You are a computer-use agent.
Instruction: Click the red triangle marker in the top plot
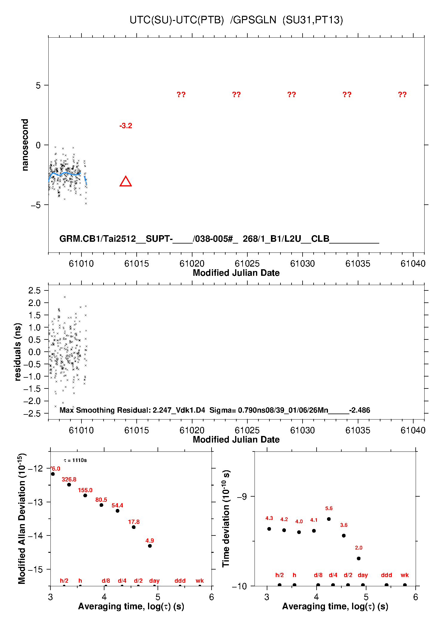coord(126,182)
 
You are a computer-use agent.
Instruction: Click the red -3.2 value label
coord(126,126)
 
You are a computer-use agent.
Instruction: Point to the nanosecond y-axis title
coord(25,145)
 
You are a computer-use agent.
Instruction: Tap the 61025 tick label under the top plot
coord(247,264)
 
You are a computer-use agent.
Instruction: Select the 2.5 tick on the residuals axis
coord(34,290)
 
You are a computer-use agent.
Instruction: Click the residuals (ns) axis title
coord(18,352)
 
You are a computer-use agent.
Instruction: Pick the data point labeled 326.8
coord(69,485)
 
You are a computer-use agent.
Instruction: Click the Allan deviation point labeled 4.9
coord(150,546)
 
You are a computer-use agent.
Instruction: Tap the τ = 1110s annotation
coord(75,460)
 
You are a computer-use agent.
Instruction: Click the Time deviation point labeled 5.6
coord(329,519)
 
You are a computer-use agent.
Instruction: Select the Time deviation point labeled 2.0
coord(359,558)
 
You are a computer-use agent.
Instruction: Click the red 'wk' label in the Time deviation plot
coord(405,575)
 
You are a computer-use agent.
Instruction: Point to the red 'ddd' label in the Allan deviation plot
coord(180,581)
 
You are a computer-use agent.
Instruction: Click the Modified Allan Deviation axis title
coord(22,518)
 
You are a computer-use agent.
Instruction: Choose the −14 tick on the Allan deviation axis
coord(36,536)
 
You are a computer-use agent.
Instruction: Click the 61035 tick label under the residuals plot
coord(358,430)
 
